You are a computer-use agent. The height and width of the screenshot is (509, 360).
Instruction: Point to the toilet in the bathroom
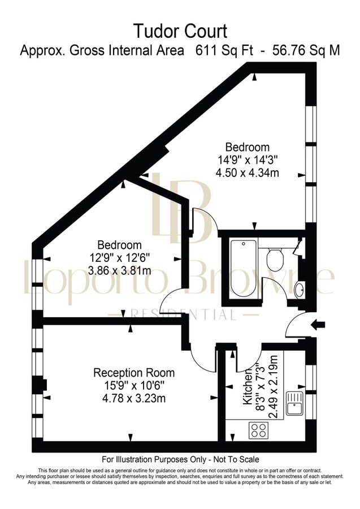[x=275, y=260]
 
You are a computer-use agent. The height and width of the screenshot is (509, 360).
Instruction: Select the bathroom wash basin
[x=300, y=290]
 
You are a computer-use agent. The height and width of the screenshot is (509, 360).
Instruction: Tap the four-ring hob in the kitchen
[x=259, y=430]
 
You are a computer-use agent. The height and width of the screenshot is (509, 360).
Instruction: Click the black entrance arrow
[x=320, y=325]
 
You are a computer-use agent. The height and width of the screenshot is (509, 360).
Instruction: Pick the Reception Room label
[x=134, y=373]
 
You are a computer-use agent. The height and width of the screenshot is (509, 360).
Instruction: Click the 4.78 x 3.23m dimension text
[x=134, y=398]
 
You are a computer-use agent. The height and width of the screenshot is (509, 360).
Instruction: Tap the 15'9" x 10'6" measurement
[x=134, y=385]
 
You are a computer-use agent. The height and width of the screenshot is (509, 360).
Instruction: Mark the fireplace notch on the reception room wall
[x=45, y=386]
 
